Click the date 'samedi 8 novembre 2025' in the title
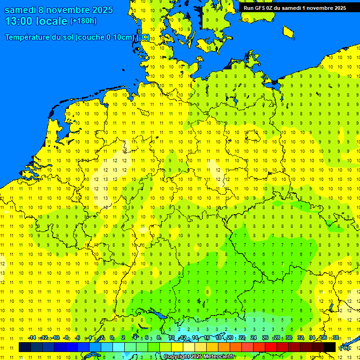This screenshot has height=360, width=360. click(x=59, y=10)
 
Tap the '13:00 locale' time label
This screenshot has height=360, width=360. click(x=36, y=21)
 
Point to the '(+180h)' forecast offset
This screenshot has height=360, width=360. click(x=83, y=21)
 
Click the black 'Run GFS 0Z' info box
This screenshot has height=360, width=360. click(x=294, y=7)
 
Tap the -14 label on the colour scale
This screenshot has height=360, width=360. click(x=32, y=338)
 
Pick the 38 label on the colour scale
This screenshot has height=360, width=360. click(x=336, y=338)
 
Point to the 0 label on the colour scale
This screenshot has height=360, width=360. click(x=112, y=338)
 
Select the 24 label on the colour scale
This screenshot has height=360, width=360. click(x=254, y=338)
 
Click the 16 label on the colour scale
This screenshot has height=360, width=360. click(x=207, y=338)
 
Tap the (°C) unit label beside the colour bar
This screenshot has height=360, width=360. click(x=345, y=348)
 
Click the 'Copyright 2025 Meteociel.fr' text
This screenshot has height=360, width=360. click(x=199, y=357)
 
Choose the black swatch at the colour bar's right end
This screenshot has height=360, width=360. click(x=330, y=347)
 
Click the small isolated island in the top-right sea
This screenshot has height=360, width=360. click(x=289, y=32)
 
